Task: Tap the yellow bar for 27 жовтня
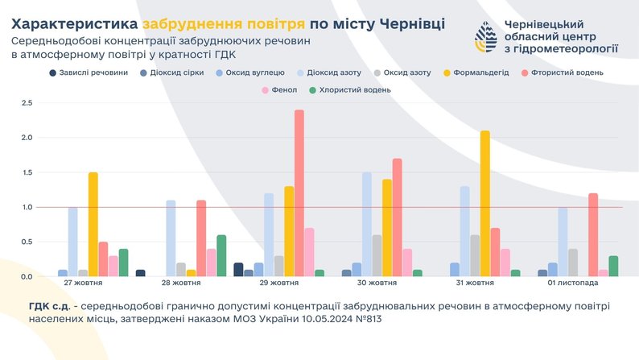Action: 93,225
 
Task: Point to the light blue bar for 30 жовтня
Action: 366,225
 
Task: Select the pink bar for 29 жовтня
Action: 309,252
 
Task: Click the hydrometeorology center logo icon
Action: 486,37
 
